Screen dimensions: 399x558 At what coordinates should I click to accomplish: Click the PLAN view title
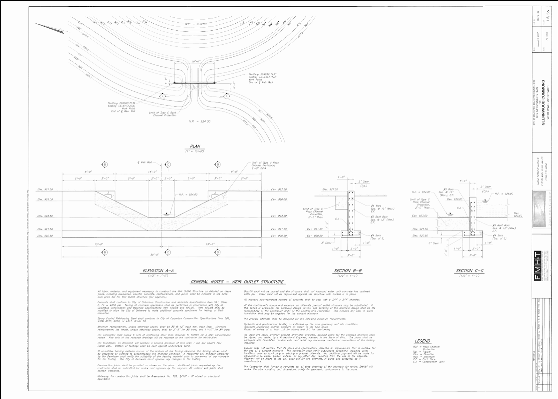click(x=195, y=146)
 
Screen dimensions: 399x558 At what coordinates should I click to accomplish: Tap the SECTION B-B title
click(x=348, y=271)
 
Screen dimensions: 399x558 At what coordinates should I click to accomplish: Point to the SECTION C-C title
click(x=469, y=271)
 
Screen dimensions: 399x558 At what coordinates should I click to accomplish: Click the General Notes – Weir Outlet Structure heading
click(x=237, y=282)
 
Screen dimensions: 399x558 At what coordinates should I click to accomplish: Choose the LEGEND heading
click(x=422, y=341)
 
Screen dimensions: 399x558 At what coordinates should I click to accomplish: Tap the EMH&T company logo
click(x=537, y=270)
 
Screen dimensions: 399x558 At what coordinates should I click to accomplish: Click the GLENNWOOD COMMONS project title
click(x=543, y=103)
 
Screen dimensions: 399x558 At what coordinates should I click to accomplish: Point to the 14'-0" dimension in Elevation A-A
click(x=152, y=172)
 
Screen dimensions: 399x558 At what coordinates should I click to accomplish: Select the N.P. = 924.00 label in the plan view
click(x=199, y=122)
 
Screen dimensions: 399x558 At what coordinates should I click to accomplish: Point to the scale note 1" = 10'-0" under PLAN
click(x=195, y=152)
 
